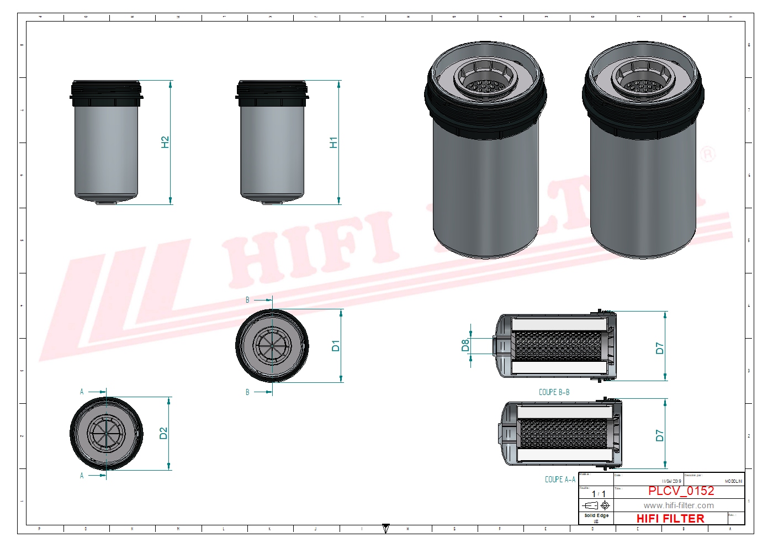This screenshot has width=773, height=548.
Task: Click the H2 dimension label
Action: coord(165,142)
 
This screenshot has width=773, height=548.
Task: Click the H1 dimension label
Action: coord(333,142)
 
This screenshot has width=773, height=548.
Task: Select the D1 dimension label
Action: coord(335,346)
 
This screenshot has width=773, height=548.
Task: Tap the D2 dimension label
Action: coord(163,433)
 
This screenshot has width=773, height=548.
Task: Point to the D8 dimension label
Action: coord(465,345)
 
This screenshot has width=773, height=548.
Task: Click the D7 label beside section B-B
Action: coord(659,348)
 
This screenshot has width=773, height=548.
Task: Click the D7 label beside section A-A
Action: coord(659,435)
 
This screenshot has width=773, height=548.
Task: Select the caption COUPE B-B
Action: coord(554,392)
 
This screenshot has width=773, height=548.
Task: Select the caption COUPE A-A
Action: coord(560,479)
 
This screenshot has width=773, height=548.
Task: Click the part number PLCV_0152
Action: coord(681,491)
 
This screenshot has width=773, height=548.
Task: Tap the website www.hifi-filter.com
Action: coord(679,505)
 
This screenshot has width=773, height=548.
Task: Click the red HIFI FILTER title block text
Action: coord(670,518)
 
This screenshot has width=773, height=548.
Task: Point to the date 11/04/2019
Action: coord(671,481)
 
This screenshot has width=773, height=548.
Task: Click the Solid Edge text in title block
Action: coord(596,515)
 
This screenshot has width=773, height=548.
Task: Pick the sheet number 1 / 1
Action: coord(599,494)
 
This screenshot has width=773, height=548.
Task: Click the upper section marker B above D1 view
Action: coord(247,300)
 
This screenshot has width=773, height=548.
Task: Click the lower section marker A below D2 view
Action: coord(82,476)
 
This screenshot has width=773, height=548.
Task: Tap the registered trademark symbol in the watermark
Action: coord(708,154)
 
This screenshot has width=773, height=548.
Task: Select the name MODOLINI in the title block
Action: coord(733,481)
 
